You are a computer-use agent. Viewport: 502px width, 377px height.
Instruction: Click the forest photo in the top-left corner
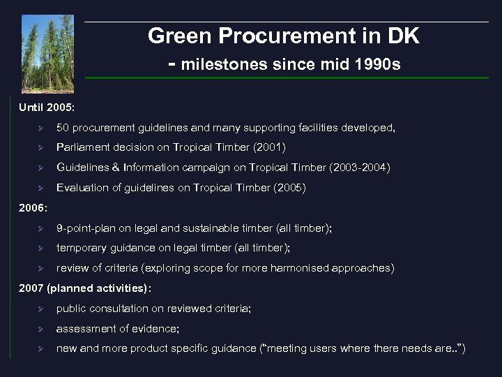[x=47, y=54]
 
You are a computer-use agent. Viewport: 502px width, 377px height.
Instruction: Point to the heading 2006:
[x=33, y=207]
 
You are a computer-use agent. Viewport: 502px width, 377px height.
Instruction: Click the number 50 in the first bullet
[x=63, y=128]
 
